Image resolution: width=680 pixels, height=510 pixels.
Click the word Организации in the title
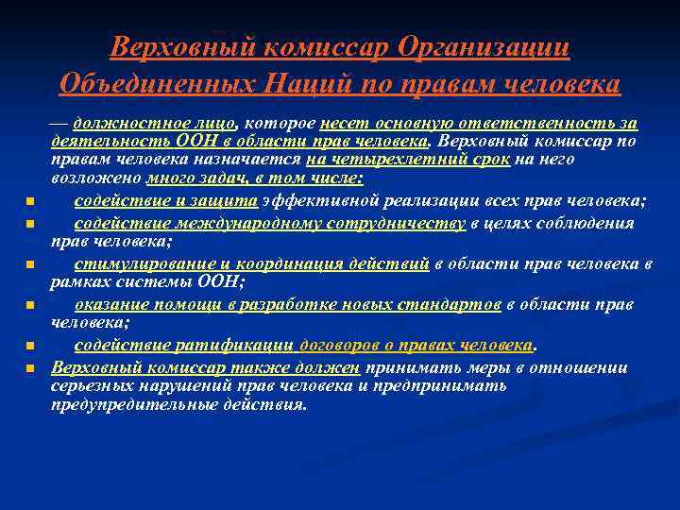coord(484,46)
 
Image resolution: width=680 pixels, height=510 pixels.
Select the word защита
coord(227,200)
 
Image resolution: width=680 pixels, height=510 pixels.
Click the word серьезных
coord(94,385)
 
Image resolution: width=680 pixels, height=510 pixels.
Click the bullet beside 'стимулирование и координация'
coord(31,265)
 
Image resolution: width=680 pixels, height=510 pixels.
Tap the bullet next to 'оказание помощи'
coord(31,306)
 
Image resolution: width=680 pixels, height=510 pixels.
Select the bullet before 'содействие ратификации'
coord(31,347)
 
